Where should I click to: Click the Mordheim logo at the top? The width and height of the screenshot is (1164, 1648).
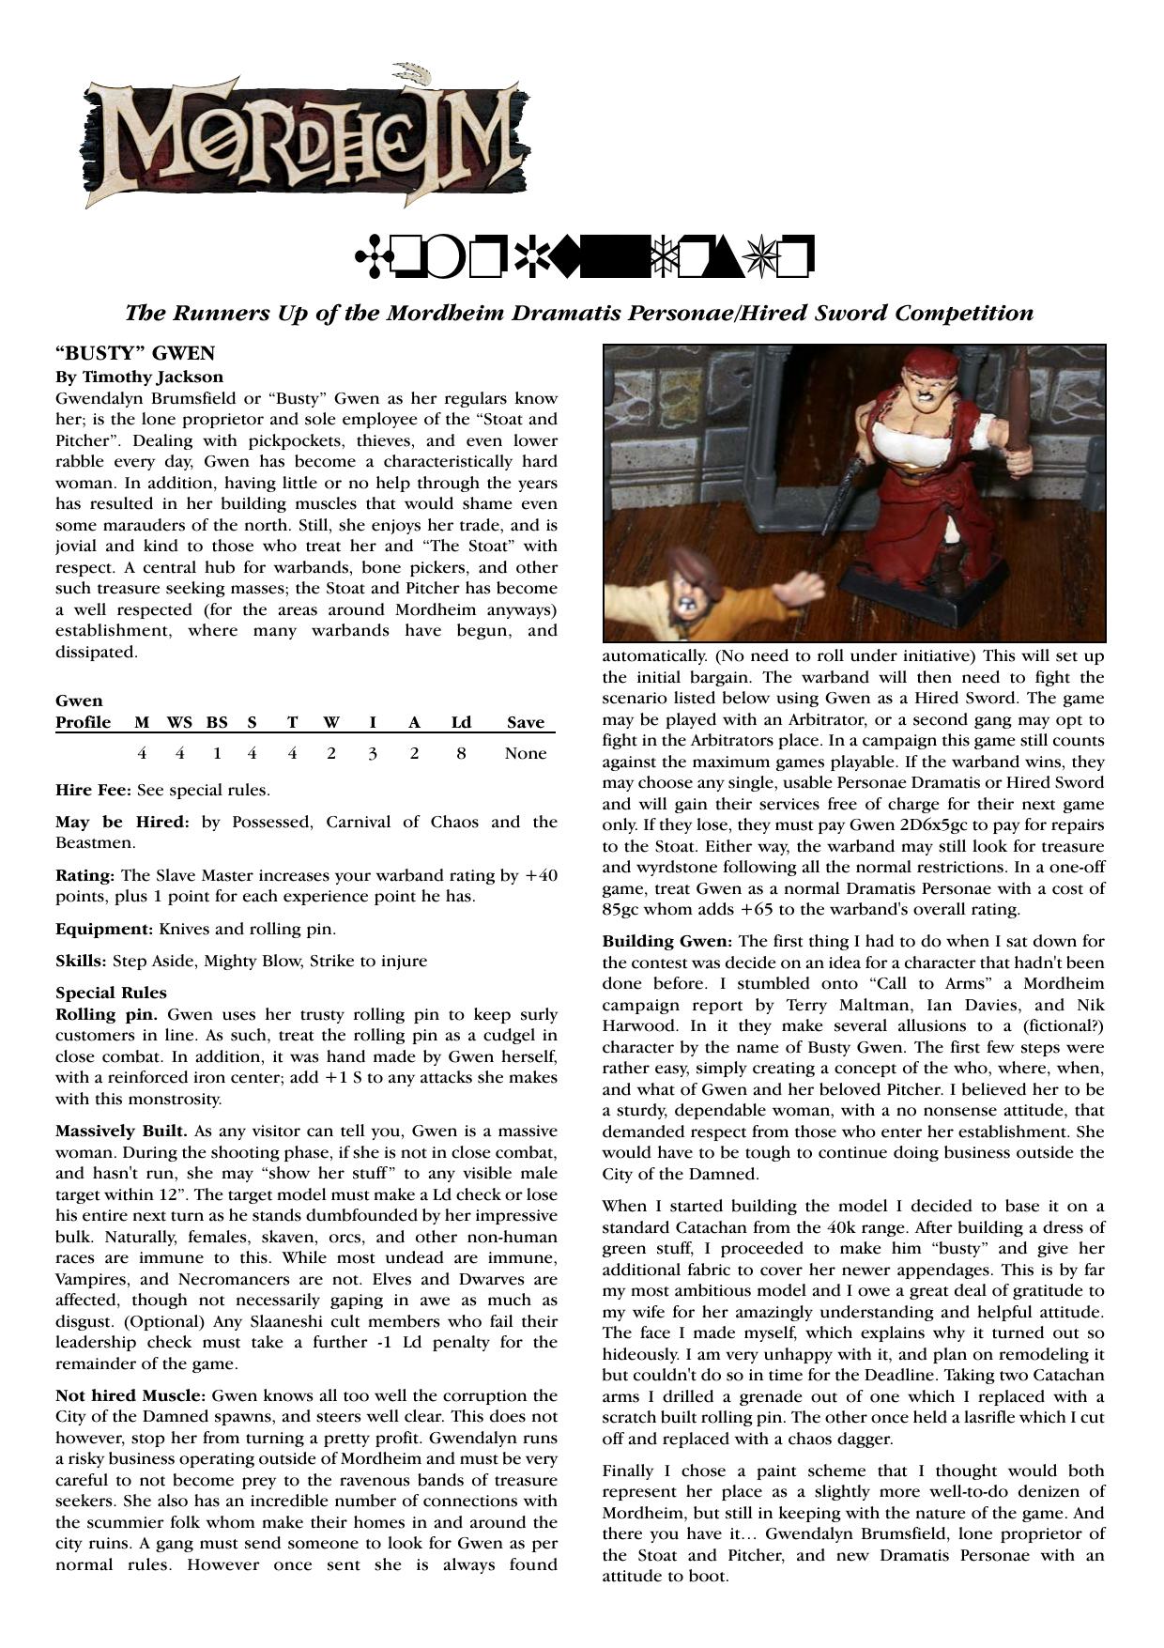(305, 138)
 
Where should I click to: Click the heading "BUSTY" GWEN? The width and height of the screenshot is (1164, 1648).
(135, 353)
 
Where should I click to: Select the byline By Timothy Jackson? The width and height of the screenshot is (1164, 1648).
(139, 377)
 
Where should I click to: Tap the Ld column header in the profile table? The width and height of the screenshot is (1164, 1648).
(461, 722)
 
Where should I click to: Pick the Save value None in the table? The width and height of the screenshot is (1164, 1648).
(525, 753)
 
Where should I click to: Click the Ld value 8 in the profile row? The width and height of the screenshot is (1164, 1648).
(461, 753)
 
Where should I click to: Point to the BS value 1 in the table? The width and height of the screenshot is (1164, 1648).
(217, 753)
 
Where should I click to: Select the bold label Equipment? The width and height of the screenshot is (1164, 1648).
(104, 929)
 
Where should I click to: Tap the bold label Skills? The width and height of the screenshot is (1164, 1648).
(82, 961)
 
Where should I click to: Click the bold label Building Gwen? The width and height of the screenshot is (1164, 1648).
(667, 941)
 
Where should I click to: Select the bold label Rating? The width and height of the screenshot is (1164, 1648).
(85, 875)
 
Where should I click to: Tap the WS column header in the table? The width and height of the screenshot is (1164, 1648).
(179, 722)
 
